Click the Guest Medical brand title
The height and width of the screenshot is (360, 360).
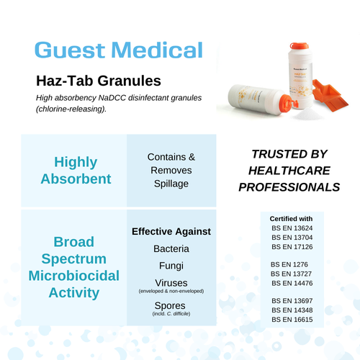(x=119, y=50)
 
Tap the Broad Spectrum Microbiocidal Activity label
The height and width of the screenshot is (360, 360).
(x=75, y=267)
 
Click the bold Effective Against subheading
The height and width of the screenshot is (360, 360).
(x=171, y=231)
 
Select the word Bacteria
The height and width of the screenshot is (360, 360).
(x=171, y=248)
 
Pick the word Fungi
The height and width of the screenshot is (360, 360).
(x=171, y=266)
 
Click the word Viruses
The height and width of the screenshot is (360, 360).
(x=171, y=282)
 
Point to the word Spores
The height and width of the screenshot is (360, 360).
(x=171, y=305)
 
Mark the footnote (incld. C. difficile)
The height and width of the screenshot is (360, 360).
(x=171, y=314)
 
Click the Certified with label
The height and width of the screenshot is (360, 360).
(x=291, y=218)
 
